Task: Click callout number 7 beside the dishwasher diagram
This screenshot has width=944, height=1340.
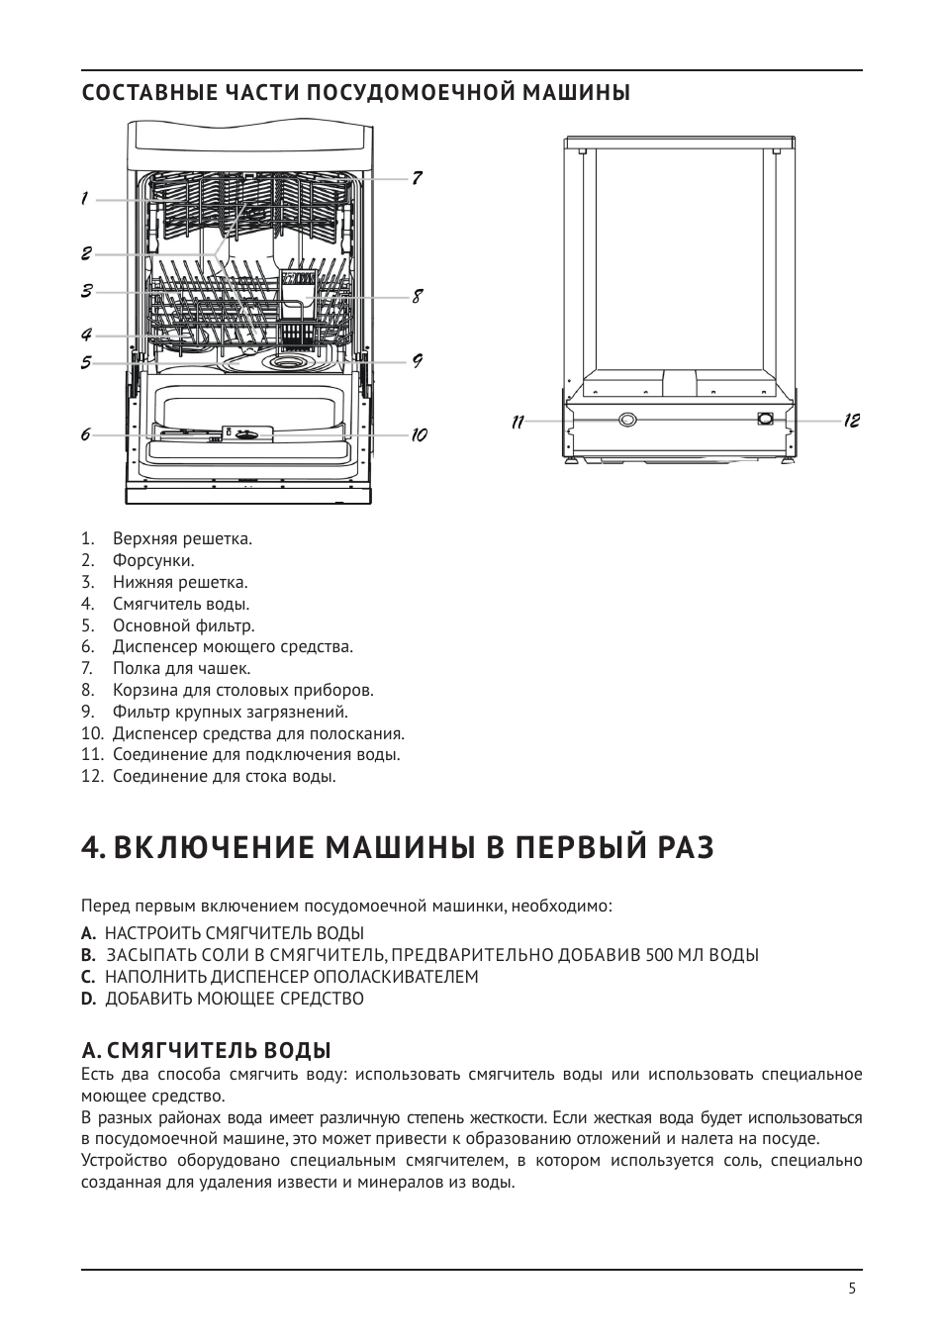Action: (x=418, y=178)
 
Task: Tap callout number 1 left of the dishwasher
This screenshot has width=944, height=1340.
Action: (x=85, y=199)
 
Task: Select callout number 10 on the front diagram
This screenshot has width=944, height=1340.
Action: (x=419, y=434)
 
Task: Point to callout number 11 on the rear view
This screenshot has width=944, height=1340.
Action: (x=517, y=422)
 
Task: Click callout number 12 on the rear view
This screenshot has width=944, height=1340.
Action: (x=852, y=421)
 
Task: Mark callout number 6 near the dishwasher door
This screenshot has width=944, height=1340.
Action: (x=85, y=434)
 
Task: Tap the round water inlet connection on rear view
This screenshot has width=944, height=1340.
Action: (x=627, y=420)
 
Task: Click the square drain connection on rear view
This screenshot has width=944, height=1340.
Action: (x=764, y=419)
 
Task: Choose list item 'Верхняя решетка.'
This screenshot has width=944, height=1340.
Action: (x=182, y=539)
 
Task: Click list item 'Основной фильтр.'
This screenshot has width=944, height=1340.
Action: (x=183, y=625)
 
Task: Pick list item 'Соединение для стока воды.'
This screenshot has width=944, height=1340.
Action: (x=224, y=776)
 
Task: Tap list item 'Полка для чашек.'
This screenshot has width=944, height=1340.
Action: (x=181, y=669)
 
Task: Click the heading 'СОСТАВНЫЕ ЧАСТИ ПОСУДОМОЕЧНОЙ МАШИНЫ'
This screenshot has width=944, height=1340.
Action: (x=356, y=93)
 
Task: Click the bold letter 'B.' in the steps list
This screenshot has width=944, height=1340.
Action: (x=88, y=955)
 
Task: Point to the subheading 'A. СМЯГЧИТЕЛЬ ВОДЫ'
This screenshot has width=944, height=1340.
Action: (x=206, y=1049)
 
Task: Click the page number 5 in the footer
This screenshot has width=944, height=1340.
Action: (x=852, y=1289)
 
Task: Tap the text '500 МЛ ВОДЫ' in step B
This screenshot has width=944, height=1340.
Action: (x=702, y=955)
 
